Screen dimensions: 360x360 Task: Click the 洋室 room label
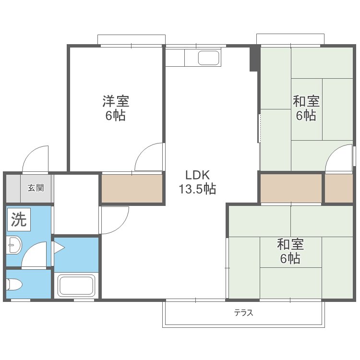(x=116, y=101)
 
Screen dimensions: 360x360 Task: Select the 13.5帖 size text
(x=197, y=189)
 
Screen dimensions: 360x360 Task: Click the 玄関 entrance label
(x=36, y=188)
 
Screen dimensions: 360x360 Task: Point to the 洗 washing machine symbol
(x=19, y=219)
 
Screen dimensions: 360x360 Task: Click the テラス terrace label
(x=243, y=313)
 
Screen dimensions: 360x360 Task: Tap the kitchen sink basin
(x=209, y=58)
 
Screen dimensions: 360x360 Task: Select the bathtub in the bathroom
(x=76, y=286)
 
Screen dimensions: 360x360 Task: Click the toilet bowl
(x=14, y=285)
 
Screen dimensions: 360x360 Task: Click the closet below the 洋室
(x=132, y=188)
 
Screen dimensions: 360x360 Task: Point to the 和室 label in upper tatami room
(x=306, y=101)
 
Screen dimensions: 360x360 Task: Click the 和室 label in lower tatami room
(x=290, y=244)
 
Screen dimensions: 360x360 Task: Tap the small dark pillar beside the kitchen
(x=254, y=59)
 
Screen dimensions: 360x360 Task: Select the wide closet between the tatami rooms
(x=291, y=188)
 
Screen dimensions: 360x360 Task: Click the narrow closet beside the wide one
(x=339, y=188)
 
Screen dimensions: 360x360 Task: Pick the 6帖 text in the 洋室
(x=116, y=116)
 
